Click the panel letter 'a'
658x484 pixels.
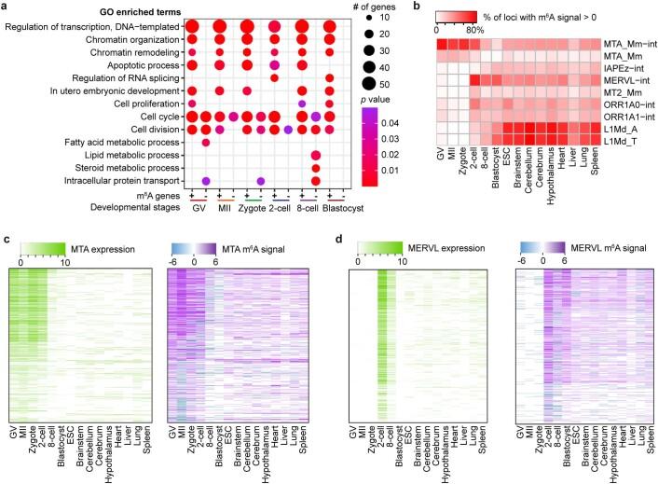[6, 7]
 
